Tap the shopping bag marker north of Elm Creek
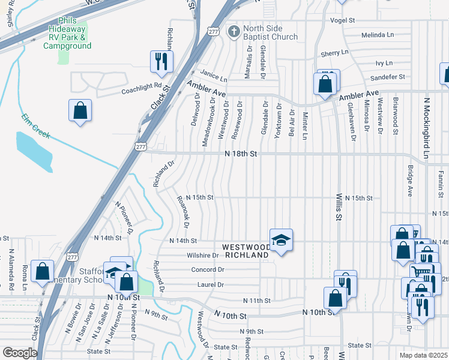80,110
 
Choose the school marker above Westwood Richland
280,240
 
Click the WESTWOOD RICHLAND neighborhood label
246,251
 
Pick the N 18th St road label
241,154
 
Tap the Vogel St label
343,20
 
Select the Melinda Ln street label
376,34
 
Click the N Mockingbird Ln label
427,126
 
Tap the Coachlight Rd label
142,89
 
